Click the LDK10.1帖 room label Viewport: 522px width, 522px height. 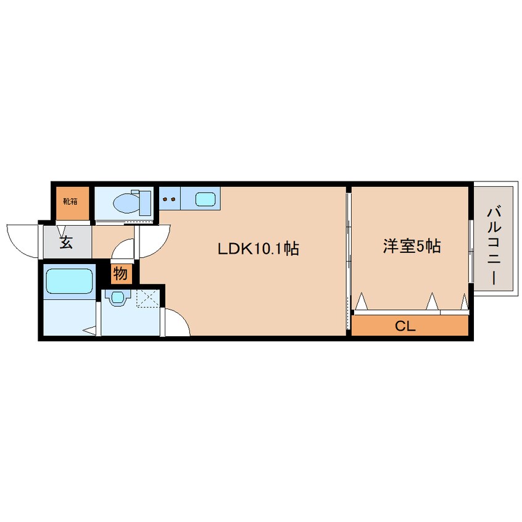click(x=258, y=249)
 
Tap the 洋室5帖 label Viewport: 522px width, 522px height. click(x=412, y=247)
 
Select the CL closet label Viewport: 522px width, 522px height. click(x=405, y=326)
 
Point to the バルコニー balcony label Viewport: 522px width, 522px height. click(x=493, y=245)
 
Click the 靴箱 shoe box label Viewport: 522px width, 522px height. click(x=70, y=201)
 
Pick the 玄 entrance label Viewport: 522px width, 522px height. click(x=66, y=242)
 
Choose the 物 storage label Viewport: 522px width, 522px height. click(x=120, y=273)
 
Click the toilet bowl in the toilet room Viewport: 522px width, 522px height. click(x=126, y=201)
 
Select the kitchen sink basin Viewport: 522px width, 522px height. click(x=205, y=199)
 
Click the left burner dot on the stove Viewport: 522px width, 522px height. click(x=165, y=199)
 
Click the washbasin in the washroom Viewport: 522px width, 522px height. click(x=115, y=297)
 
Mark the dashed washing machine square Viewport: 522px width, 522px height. click(x=147, y=298)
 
